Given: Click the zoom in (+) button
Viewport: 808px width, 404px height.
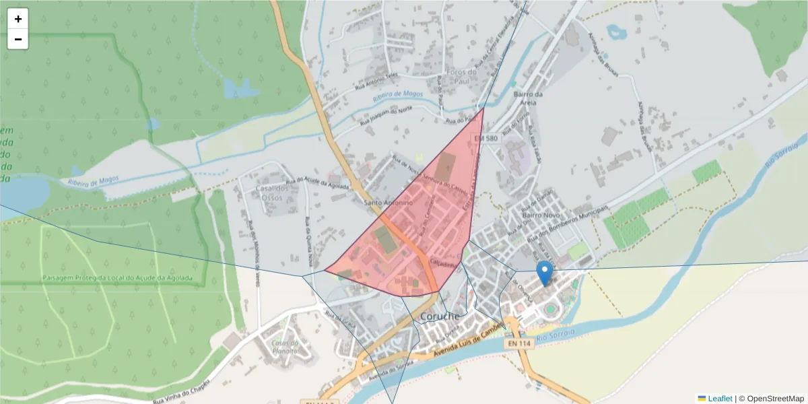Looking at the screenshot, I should point(18,19).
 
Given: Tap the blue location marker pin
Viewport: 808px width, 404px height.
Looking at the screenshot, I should point(545,272).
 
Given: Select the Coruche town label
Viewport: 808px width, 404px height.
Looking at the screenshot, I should point(440,316).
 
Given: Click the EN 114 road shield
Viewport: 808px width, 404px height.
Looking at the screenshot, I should point(520,343).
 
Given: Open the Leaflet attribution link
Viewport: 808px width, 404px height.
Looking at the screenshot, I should point(720,399).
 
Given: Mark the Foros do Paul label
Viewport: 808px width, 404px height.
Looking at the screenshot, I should point(461,76).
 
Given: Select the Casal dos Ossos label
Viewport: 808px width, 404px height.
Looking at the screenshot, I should point(272,198).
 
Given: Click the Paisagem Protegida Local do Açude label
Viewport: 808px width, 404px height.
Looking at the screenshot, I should point(117,277).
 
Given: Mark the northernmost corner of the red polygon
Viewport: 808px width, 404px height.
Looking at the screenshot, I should point(483,108).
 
